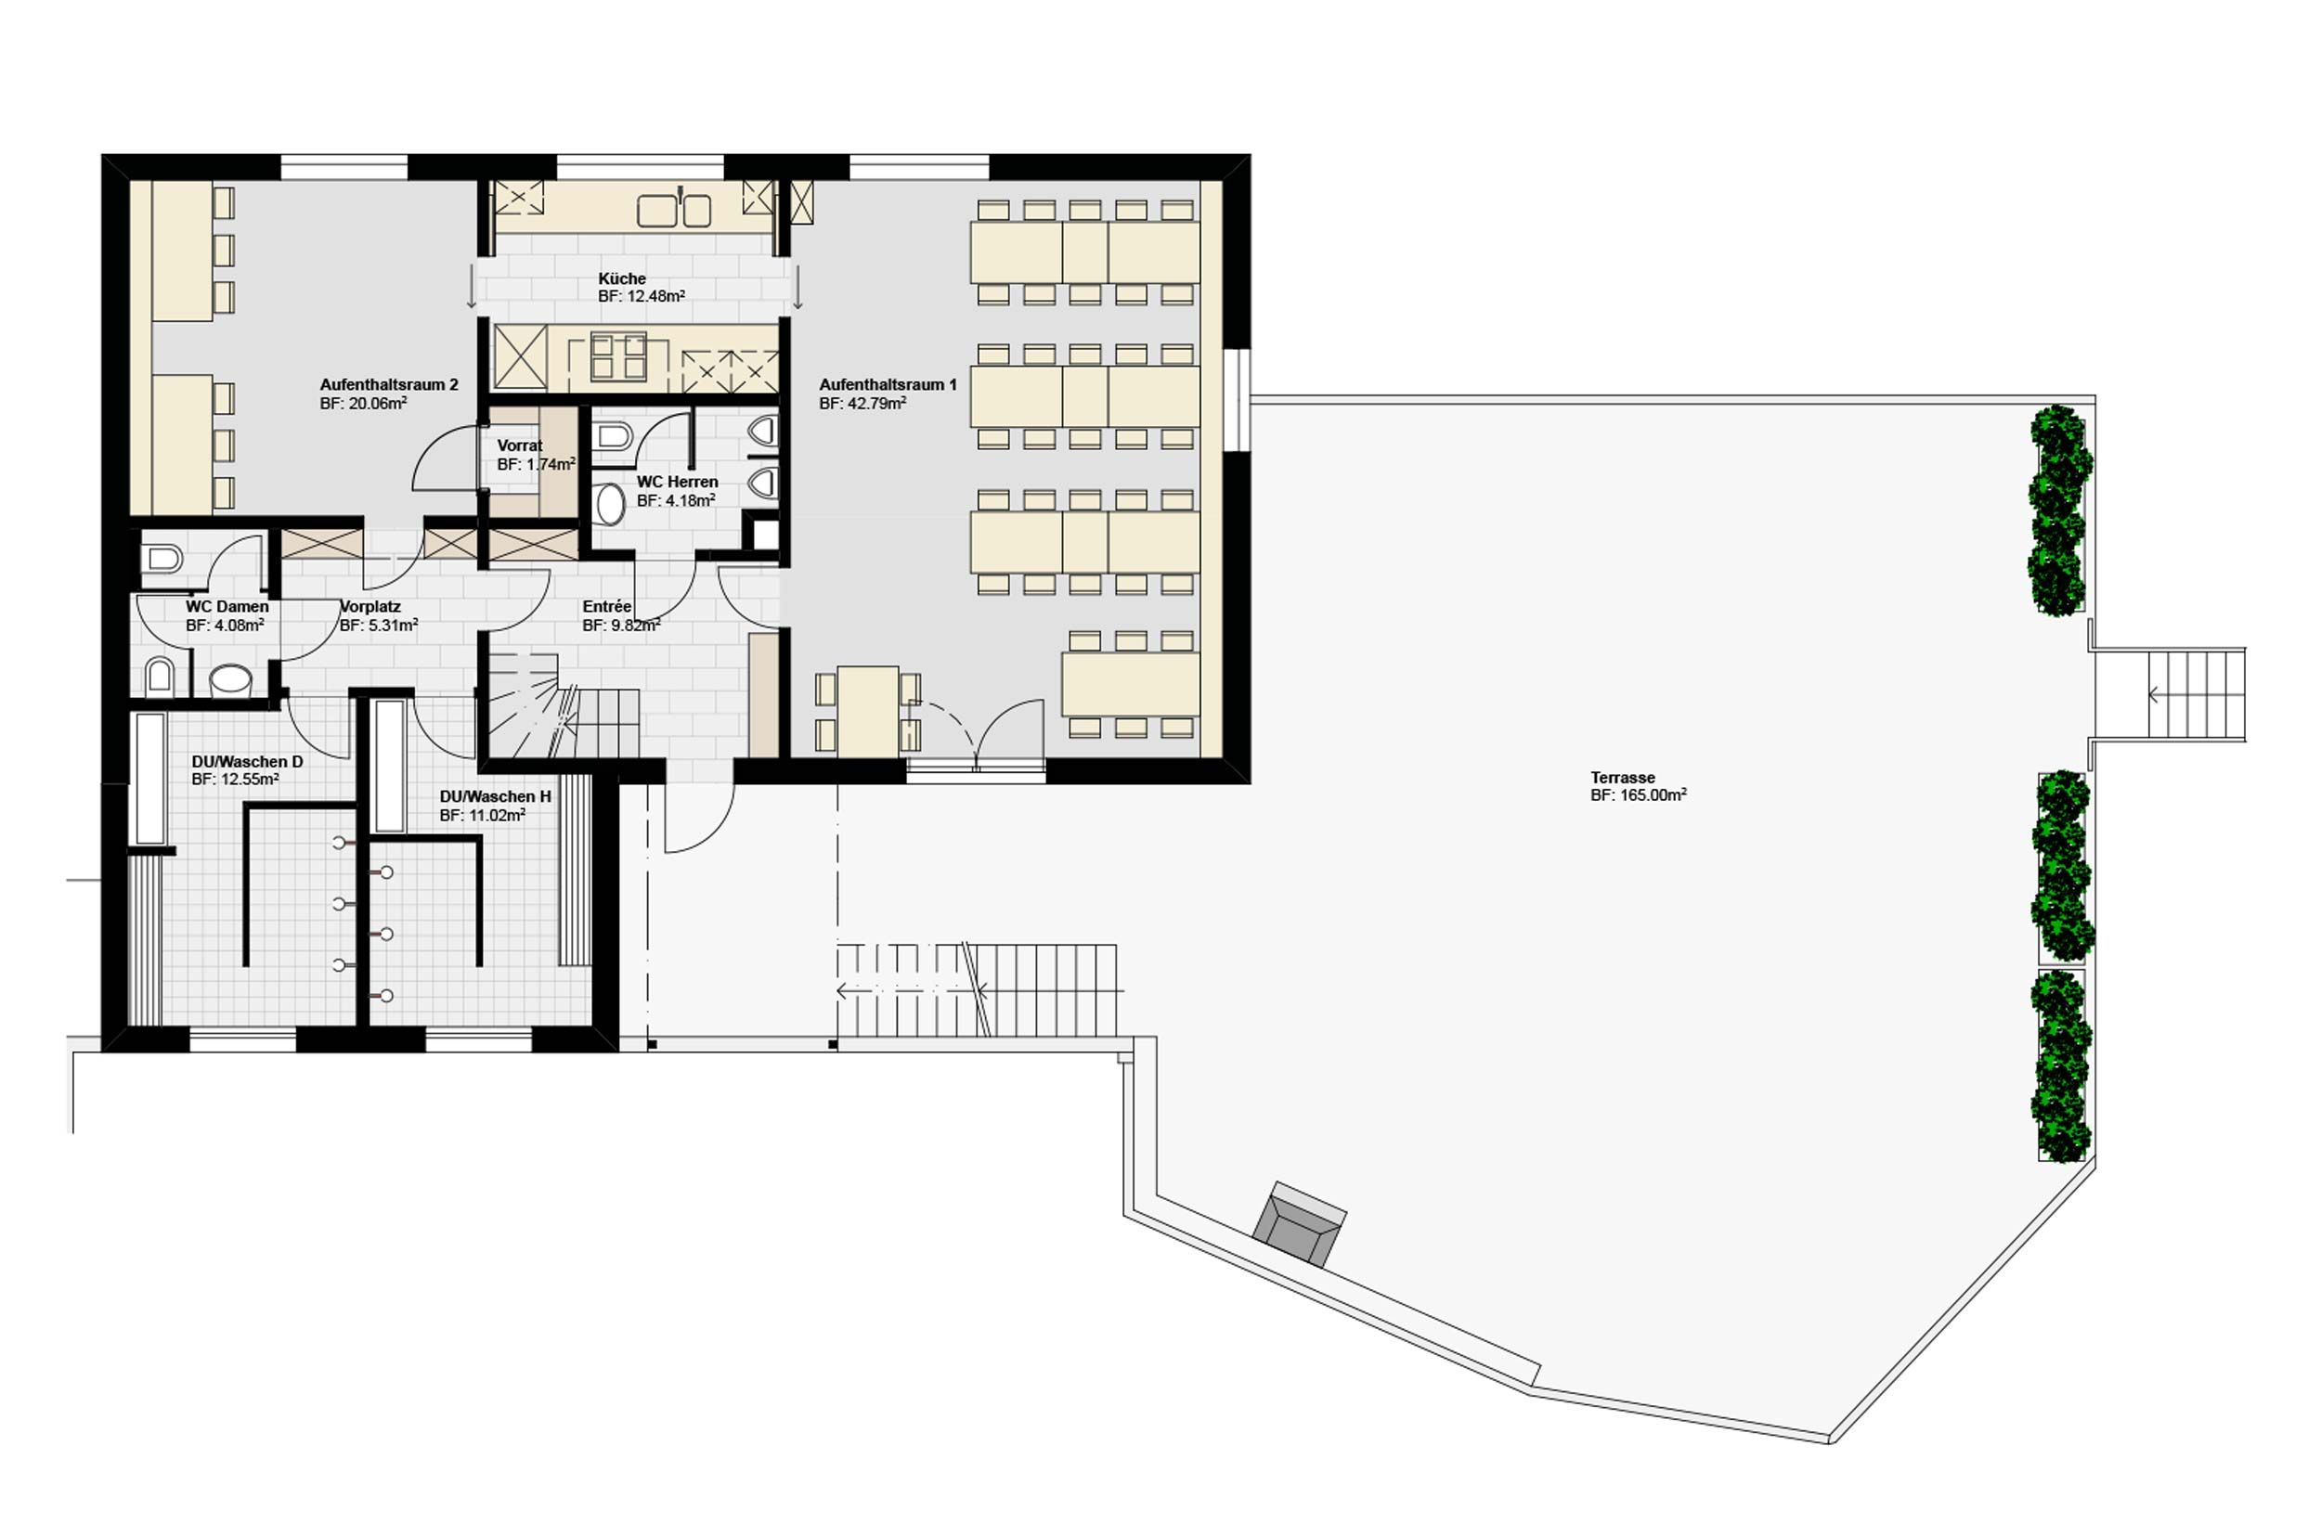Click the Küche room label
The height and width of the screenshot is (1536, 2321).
[622, 279]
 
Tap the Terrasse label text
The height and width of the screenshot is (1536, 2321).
[1623, 778]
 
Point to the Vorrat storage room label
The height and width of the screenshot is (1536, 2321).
[519, 445]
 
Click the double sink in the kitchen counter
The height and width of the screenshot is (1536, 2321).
[675, 210]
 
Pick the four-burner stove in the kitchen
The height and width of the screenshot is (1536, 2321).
[618, 356]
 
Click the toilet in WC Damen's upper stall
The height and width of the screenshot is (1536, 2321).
[162, 560]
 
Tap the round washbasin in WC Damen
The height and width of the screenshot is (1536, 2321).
[231, 678]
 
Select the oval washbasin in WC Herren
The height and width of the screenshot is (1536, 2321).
[610, 504]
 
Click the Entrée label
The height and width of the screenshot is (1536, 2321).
[606, 607]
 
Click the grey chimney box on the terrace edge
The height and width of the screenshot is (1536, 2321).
[1300, 1224]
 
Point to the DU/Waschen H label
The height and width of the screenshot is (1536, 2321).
[495, 797]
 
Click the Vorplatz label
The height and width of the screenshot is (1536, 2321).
[370, 607]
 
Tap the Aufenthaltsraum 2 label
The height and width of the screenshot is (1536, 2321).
[389, 385]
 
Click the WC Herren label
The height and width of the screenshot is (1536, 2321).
[677, 482]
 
